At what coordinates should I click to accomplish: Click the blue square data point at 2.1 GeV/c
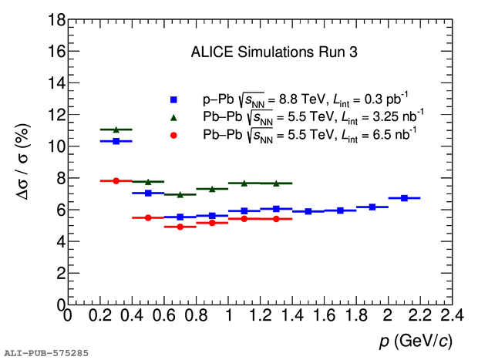pos(404,198)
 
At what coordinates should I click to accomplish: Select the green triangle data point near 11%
pos(116,130)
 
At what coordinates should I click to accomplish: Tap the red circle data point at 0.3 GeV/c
pos(116,180)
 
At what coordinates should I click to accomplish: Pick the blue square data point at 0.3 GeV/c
pos(116,141)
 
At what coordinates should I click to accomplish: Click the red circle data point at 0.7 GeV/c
pos(180,227)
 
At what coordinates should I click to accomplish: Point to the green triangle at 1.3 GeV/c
pos(276,183)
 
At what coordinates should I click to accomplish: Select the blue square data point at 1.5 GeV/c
pos(308,211)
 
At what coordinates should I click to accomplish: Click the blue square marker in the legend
pos(173,99)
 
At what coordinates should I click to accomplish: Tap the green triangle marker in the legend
pos(173,117)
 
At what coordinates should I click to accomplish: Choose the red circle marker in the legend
pos(173,136)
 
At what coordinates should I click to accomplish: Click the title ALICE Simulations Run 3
pos(274,52)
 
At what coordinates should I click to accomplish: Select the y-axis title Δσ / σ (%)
pos(23,162)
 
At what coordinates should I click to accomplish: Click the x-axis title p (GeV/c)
pos(416,341)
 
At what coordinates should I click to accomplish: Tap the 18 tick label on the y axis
pos(57,20)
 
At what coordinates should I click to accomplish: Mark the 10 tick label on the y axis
pos(57,146)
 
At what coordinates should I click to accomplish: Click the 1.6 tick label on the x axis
pos(324,315)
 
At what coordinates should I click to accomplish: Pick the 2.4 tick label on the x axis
pos(452,315)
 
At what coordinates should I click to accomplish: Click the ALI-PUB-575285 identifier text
pos(46,353)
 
